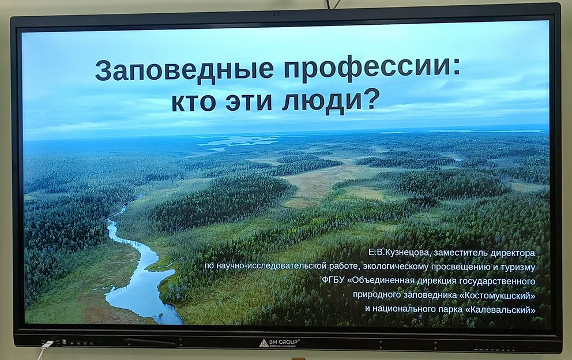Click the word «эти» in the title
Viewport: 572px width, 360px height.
[248, 102]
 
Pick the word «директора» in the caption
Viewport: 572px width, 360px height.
[513, 253]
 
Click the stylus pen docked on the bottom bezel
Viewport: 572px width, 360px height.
[152, 342]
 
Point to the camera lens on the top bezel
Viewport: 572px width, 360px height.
[276, 14]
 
